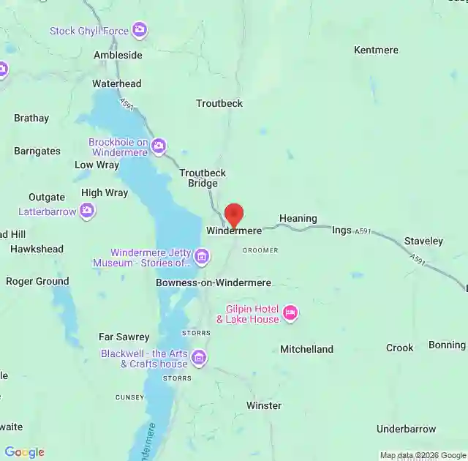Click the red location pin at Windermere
pyautogui.click(x=233, y=216)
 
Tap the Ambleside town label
pyautogui.click(x=118, y=55)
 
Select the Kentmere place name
pyautogui.click(x=376, y=50)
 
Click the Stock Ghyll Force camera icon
pyautogui.click(x=140, y=31)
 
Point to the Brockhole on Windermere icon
pyautogui.click(x=159, y=147)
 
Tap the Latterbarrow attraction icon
pyautogui.click(x=88, y=211)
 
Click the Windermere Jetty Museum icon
pyautogui.click(x=202, y=257)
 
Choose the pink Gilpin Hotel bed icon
pyautogui.click(x=290, y=313)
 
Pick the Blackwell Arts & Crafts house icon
pyautogui.click(x=199, y=358)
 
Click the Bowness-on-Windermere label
pyautogui.click(x=214, y=282)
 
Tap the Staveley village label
pyautogui.click(x=423, y=241)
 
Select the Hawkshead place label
pyautogui.click(x=37, y=249)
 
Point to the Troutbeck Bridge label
pyautogui.click(x=203, y=178)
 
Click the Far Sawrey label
pyautogui.click(x=124, y=337)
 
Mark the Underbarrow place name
pyautogui.click(x=406, y=429)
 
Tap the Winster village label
pyautogui.click(x=263, y=405)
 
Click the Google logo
pyautogui.click(x=24, y=452)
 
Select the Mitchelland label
pyautogui.click(x=306, y=349)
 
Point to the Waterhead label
pyautogui.click(x=116, y=83)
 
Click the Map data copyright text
pyautogui.click(x=423, y=455)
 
